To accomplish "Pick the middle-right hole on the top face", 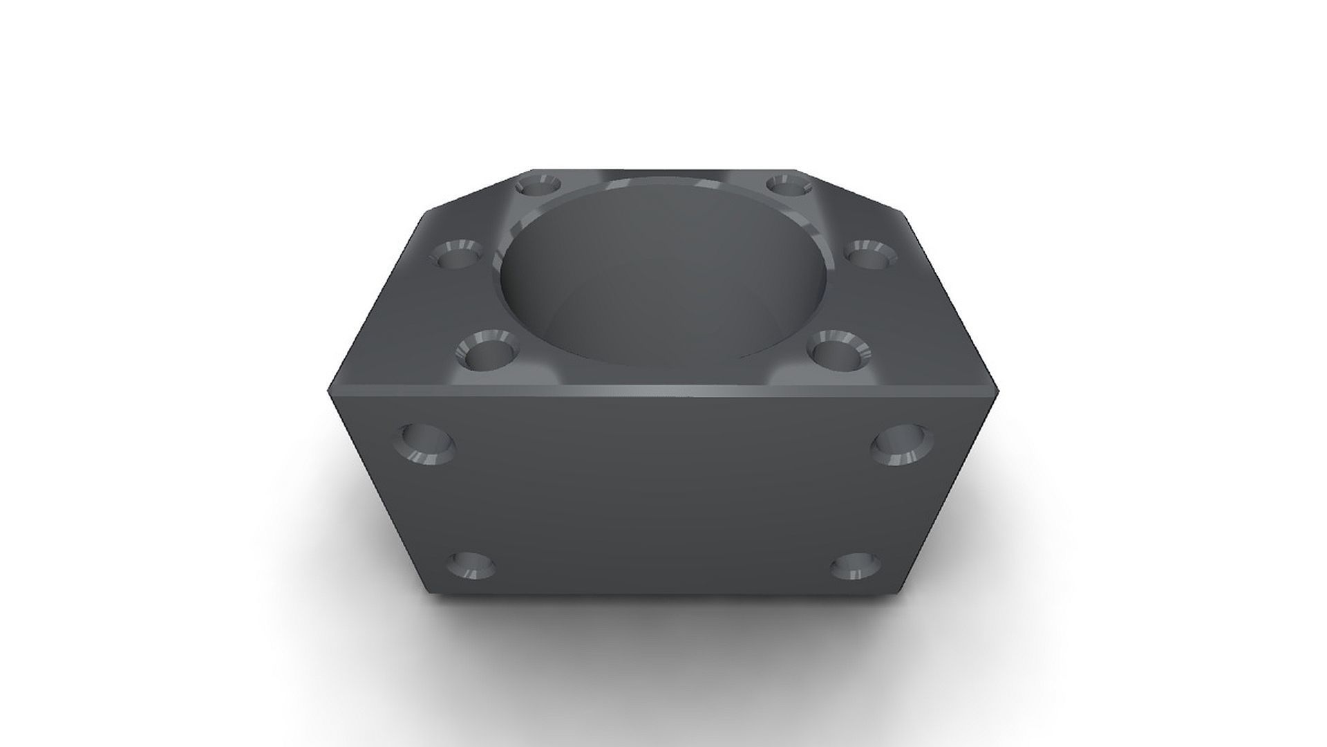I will pos(868,255).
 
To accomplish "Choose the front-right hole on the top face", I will pos(838,351).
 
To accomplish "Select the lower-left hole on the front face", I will pos(472,566).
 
